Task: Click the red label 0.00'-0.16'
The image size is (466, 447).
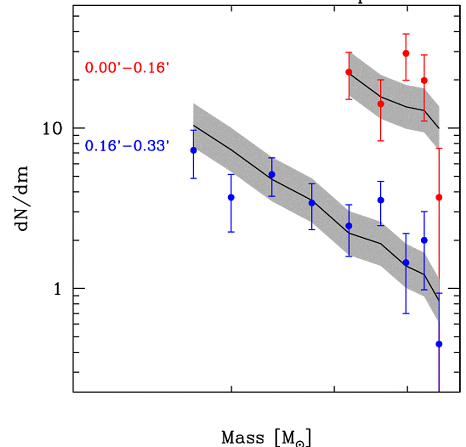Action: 127,68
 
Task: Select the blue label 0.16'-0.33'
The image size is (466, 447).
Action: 127,145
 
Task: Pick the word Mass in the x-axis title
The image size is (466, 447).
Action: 242,437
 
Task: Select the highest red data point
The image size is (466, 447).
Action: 406,53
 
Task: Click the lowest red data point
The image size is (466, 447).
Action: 439,197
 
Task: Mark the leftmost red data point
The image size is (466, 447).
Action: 349,72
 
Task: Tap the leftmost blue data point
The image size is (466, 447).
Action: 193,150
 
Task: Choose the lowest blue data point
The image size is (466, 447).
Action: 439,344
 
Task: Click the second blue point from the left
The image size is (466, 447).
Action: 231,197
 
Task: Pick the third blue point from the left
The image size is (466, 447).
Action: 272,174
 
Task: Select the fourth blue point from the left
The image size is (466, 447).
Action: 312,203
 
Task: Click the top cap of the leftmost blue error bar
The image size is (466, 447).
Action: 193,130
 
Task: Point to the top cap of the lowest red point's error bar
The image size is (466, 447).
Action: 439,148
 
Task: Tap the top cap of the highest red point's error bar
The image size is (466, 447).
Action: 406,34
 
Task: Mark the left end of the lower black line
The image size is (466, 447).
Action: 193,125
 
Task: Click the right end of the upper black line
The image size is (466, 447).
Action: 438,128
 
